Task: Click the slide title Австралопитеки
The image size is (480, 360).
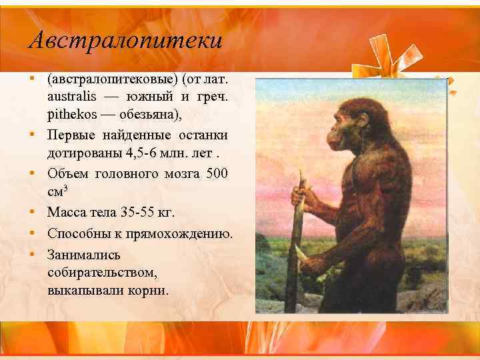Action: [125, 41]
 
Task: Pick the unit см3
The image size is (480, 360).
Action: [59, 191]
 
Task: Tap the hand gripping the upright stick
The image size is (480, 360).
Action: [301, 198]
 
